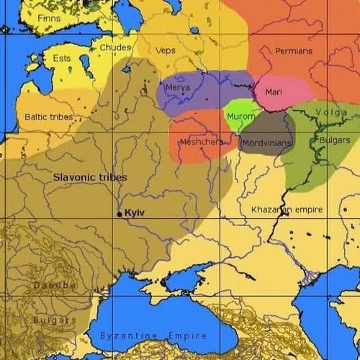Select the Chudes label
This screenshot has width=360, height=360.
(x=115, y=48)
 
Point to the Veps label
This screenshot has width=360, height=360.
(x=166, y=50)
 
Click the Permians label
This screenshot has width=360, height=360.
(x=294, y=51)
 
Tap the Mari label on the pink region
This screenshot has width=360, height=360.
(x=274, y=92)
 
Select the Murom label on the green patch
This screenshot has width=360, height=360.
(x=240, y=116)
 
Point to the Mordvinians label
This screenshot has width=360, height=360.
(x=266, y=143)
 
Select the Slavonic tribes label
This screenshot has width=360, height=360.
(x=90, y=176)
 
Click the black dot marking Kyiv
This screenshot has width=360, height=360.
(x=120, y=214)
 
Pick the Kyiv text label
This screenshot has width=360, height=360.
(x=135, y=214)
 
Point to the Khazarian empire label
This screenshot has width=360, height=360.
(x=287, y=210)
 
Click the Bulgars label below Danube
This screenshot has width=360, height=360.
(x=54, y=319)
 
